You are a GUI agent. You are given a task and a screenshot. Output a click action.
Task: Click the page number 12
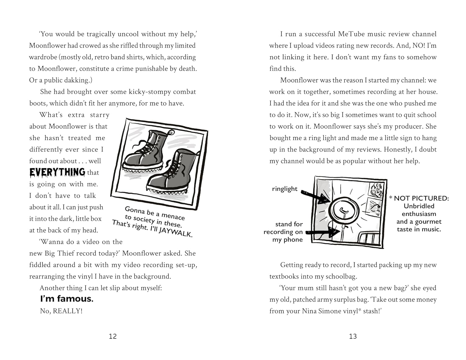pos(113,336)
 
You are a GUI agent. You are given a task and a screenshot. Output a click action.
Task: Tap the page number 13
pos(353,336)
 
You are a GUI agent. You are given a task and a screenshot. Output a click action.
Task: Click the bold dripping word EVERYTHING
pos(57,172)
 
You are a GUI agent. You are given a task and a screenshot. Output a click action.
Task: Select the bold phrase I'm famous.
pos(67,299)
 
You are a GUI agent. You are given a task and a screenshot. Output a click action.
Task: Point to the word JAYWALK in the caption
pos(176,232)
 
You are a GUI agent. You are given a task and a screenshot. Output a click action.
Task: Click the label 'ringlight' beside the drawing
pos(285,189)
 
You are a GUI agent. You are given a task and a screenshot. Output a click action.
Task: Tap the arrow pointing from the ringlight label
pos(314,195)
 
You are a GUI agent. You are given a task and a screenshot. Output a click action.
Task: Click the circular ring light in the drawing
pos(343,209)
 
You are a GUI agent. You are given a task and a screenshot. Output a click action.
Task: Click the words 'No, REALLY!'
pos(61,311)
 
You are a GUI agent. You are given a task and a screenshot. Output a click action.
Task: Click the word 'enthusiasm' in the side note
pos(419,214)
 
